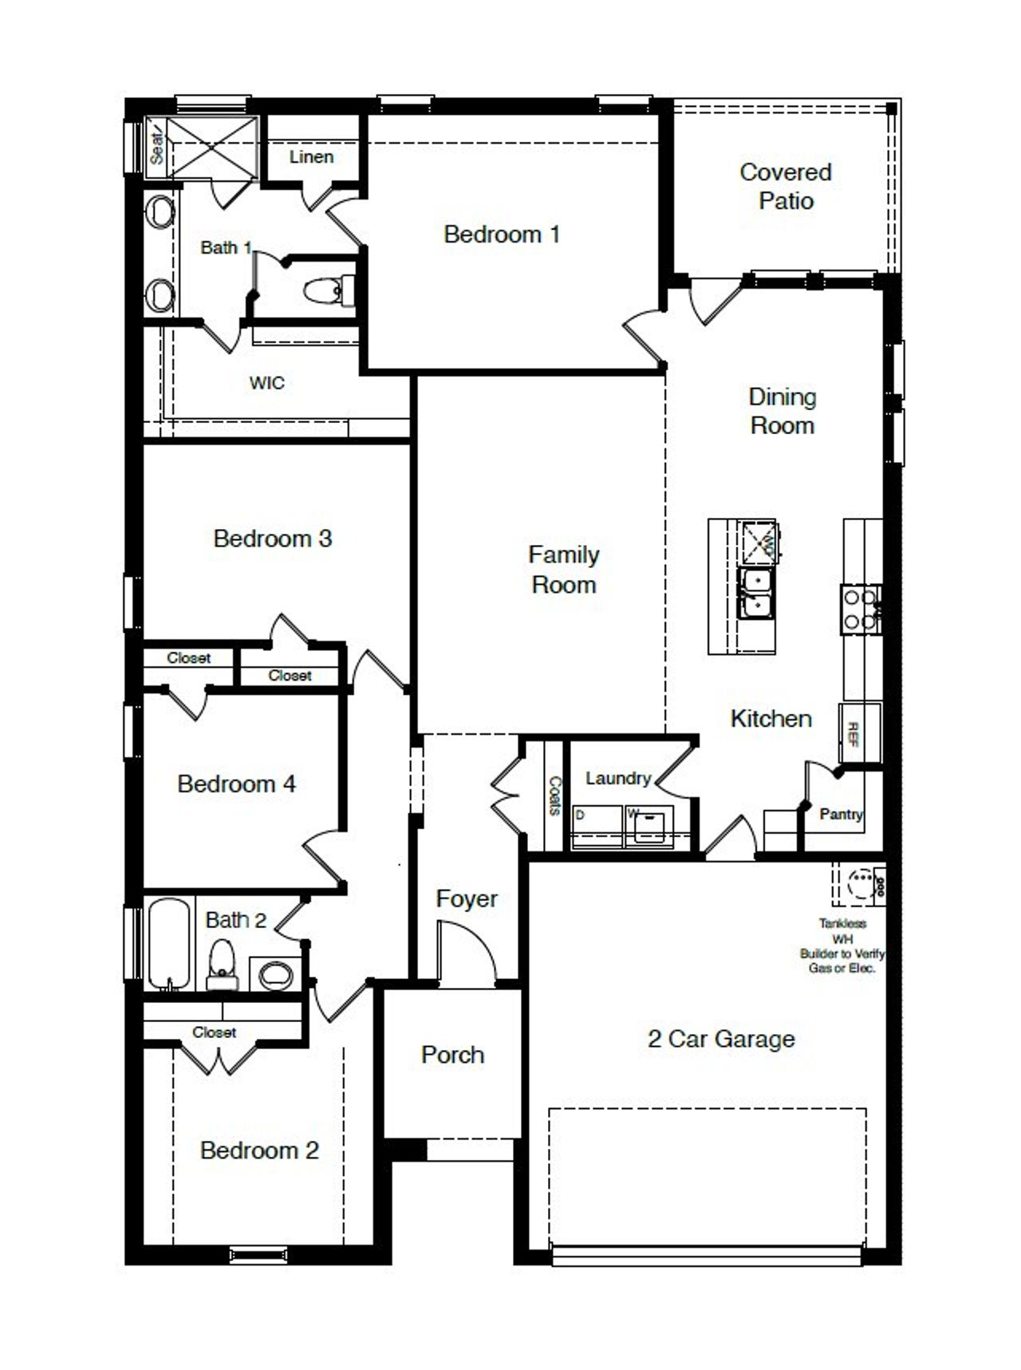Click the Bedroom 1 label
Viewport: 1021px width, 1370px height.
[501, 234]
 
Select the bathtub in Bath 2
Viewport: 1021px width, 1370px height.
[169, 944]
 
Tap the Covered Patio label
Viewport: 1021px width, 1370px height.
[786, 186]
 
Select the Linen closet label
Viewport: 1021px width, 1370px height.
[311, 156]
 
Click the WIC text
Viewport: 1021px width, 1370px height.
[266, 383]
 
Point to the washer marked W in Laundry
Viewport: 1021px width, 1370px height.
[648, 825]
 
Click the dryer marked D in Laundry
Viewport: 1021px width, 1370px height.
[597, 825]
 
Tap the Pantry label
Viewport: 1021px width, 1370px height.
[841, 814]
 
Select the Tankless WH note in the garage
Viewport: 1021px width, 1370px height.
[842, 946]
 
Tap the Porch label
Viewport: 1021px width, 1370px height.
[452, 1055]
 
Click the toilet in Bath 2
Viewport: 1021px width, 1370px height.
[222, 962]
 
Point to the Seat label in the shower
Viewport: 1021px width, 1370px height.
[157, 147]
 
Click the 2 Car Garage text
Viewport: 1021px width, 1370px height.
[721, 1039]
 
